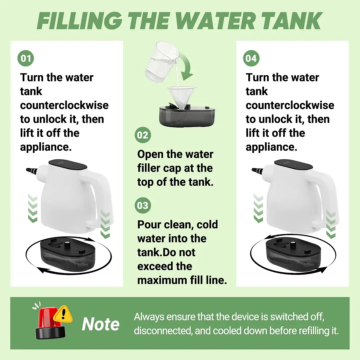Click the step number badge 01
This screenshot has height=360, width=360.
(x=26, y=58)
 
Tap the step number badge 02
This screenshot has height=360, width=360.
(x=143, y=135)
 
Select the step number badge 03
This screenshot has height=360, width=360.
(x=143, y=205)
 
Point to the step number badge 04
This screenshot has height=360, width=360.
(x=251, y=58)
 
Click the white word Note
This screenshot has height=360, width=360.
(x=101, y=324)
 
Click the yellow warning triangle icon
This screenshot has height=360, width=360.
(x=63, y=314)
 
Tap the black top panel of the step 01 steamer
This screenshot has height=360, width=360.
(x=68, y=165)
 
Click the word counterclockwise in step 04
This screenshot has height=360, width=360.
(x=290, y=105)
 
